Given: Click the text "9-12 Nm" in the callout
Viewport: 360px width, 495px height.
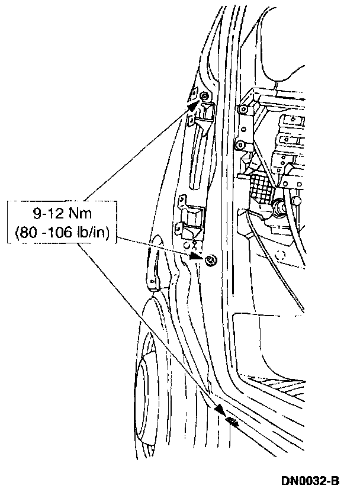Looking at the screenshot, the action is [62, 214].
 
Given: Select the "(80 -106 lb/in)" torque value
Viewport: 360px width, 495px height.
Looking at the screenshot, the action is [62, 233].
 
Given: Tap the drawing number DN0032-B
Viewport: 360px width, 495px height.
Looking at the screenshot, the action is [310, 481].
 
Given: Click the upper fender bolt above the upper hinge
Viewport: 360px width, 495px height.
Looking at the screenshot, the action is [204, 95].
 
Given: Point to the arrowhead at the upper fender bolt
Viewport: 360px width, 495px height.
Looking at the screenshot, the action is [194, 103].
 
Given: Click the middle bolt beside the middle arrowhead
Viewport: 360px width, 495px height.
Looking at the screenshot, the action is [210, 260].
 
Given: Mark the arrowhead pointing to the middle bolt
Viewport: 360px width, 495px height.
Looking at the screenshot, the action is [195, 256].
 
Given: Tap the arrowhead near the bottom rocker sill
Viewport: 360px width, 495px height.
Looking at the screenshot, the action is [221, 410].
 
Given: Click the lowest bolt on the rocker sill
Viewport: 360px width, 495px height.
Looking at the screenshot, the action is [232, 420].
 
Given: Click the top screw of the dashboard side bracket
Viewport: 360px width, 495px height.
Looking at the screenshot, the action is [243, 109].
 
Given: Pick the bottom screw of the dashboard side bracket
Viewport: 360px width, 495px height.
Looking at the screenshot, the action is [239, 145].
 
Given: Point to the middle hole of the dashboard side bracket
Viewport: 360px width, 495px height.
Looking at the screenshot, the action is [243, 129].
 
